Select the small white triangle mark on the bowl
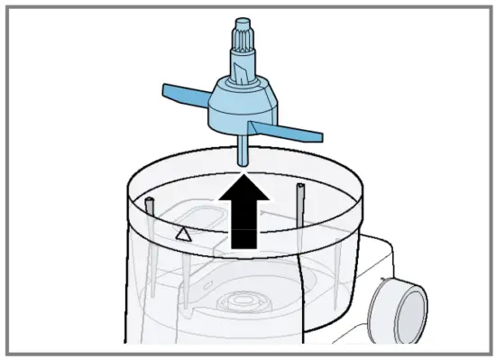tap(182, 235)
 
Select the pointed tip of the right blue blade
tap(319, 136)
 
